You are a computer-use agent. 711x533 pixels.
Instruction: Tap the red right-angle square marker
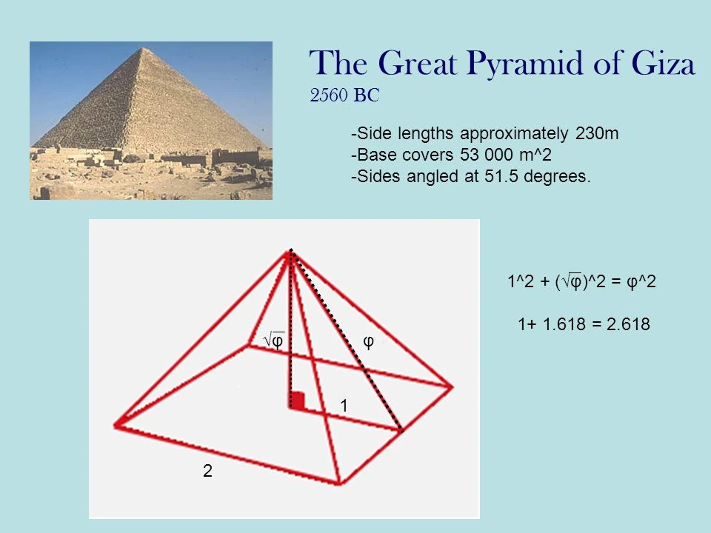pyautogui.click(x=298, y=400)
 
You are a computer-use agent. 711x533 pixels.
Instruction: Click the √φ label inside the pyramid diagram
pyautogui.click(x=274, y=341)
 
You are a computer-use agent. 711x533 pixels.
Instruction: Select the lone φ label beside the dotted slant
pyautogui.click(x=368, y=341)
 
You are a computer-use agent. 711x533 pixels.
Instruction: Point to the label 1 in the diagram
pyautogui.click(x=344, y=406)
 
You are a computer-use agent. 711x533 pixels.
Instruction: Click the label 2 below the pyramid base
pyautogui.click(x=207, y=471)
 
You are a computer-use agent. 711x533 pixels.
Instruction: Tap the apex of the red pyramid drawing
pyautogui.click(x=290, y=252)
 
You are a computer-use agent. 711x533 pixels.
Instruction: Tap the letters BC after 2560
pyautogui.click(x=367, y=95)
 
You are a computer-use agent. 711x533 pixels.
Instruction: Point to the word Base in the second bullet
pyautogui.click(x=371, y=156)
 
